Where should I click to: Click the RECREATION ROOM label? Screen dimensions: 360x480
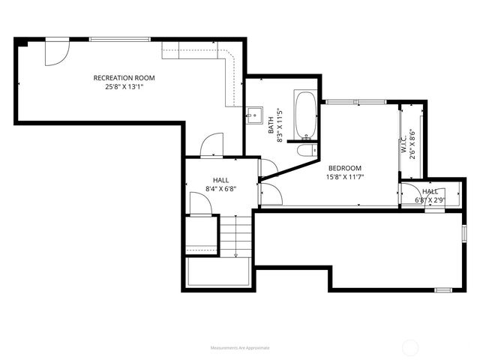coord(124,78)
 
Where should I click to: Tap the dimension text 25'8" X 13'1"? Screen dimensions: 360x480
coord(124,87)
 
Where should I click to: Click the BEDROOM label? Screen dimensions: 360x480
coord(345,168)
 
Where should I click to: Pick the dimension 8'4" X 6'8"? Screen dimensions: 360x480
coord(220,189)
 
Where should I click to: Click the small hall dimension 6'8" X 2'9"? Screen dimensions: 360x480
coord(430,200)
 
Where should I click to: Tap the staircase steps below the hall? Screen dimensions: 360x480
coord(235,234)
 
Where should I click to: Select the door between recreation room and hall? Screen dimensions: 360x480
coord(212,145)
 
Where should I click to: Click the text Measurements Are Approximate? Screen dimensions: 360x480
coord(240,348)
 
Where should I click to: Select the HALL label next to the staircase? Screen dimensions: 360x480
coord(220,180)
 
